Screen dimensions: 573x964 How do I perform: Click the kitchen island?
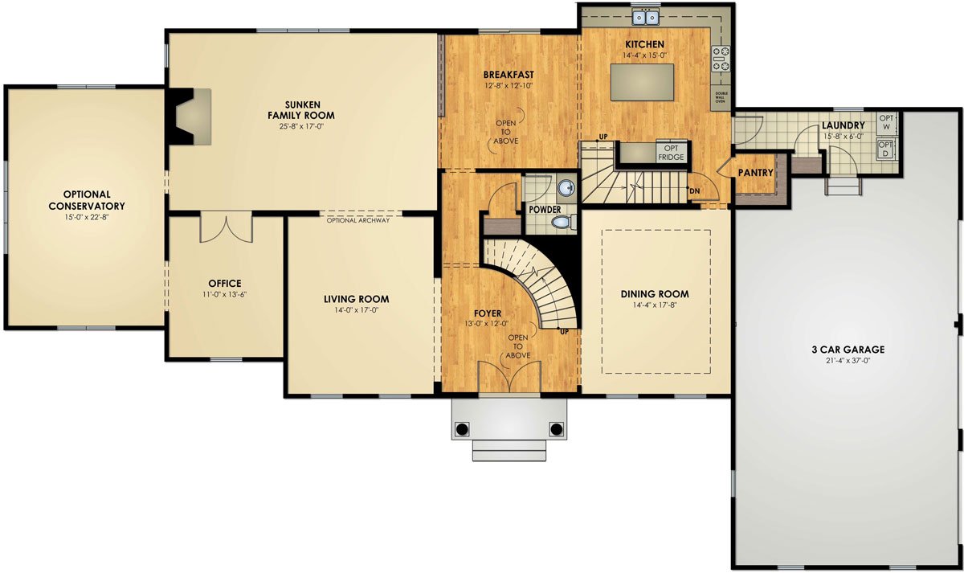point(642,83)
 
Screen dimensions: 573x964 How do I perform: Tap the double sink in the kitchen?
point(645,16)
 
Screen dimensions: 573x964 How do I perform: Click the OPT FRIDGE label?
point(671,152)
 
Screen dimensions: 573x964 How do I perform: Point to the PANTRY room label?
point(755,173)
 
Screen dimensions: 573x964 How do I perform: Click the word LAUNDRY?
point(843,125)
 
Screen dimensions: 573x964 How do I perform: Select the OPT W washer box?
point(887,122)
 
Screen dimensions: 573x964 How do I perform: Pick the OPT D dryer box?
point(887,149)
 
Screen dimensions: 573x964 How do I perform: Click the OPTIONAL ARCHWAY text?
point(358,219)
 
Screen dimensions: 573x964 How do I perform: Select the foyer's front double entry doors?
point(509,378)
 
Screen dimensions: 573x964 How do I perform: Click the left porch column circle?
point(462,428)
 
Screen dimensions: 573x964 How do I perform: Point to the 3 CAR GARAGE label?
point(848,350)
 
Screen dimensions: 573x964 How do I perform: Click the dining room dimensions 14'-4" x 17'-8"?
point(655,305)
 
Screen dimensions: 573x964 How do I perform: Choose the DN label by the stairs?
point(694,190)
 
